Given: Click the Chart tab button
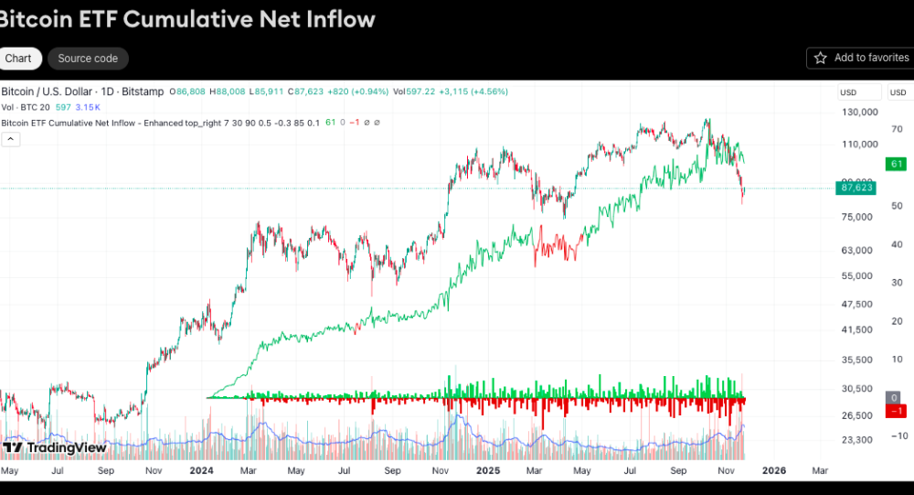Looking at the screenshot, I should [17, 59].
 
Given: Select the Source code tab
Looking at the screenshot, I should [88, 59].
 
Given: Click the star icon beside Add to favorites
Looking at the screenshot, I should [820, 58].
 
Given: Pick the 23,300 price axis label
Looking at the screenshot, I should [857, 440].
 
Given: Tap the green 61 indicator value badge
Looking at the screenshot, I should [897, 164].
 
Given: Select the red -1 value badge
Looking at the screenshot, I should [897, 411].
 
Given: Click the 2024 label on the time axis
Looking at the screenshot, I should [201, 471].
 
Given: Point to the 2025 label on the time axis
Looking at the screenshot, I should [488, 471].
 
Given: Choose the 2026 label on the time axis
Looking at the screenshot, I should [773, 471].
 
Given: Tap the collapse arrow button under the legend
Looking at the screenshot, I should [11, 139].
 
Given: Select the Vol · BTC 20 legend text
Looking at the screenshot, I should [25, 107].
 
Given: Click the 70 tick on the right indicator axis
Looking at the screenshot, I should [897, 129].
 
